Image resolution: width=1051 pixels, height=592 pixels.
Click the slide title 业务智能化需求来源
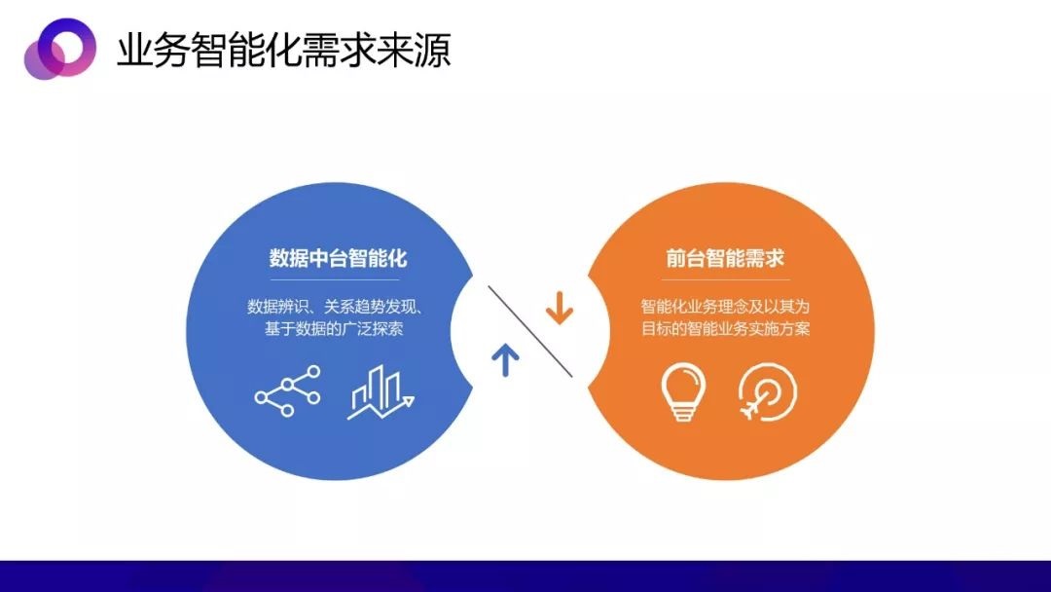point(284,51)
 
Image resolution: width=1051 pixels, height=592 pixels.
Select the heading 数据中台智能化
point(338,258)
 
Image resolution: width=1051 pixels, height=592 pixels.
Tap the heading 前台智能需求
point(725,258)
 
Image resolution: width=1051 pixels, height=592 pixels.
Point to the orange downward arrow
point(559,308)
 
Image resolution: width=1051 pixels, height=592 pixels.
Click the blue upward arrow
point(505,359)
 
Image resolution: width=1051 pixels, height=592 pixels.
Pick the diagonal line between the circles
point(530,331)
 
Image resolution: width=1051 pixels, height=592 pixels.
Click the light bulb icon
point(683,391)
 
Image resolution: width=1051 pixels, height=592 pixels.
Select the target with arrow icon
point(767,391)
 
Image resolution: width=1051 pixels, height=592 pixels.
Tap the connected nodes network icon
point(287,391)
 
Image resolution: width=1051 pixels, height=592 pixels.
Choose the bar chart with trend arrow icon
point(381,392)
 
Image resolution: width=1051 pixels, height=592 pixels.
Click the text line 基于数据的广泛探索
point(334,328)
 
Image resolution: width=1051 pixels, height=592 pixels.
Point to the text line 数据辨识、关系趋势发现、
point(335,307)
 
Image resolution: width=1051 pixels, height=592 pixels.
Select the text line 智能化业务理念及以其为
point(725,307)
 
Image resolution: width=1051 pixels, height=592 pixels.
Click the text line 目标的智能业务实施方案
point(725,328)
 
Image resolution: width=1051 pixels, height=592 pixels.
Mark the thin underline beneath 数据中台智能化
point(335,279)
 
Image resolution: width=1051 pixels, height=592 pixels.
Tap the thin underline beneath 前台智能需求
point(725,279)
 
